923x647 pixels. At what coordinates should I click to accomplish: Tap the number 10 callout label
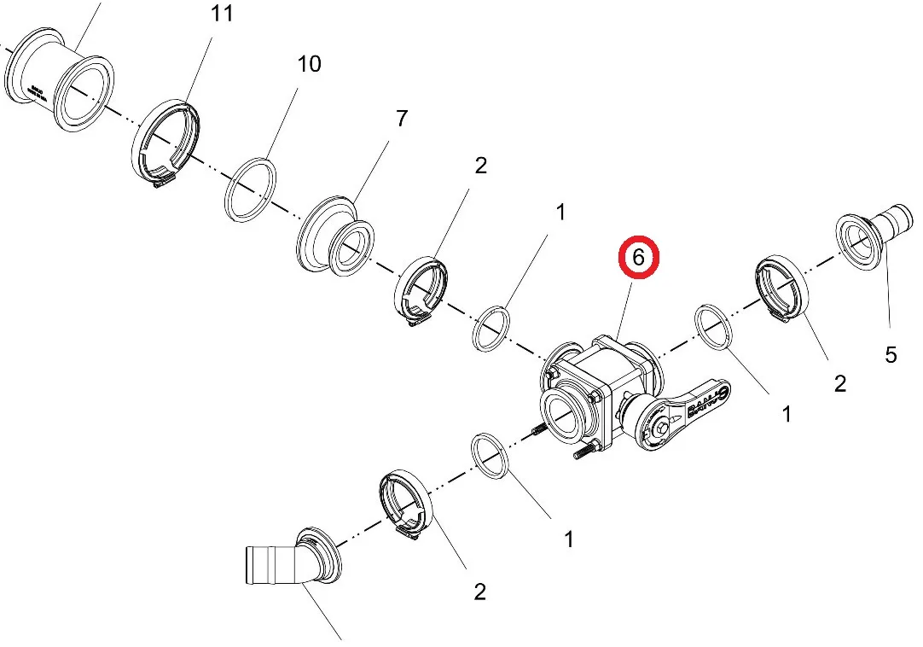tap(309, 63)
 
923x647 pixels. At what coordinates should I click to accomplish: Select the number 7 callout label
tap(401, 119)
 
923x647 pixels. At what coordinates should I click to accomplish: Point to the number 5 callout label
tap(891, 354)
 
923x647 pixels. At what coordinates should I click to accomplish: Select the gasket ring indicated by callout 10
tap(251, 190)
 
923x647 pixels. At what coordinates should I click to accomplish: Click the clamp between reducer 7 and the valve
tap(421, 291)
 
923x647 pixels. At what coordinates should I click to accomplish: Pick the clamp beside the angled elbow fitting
tap(407, 504)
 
